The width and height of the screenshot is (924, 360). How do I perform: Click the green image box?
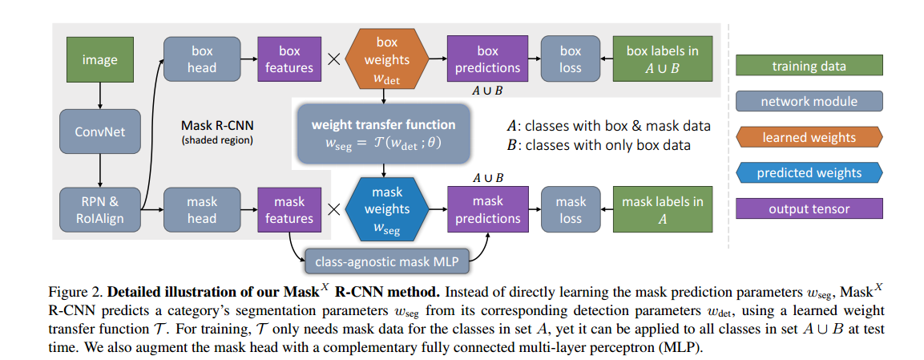click(99, 60)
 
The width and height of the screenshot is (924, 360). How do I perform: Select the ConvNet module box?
click(99, 131)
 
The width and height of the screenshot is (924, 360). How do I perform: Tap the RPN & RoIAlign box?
click(99, 210)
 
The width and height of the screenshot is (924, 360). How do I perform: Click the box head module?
click(202, 59)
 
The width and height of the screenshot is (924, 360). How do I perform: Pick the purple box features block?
click(289, 59)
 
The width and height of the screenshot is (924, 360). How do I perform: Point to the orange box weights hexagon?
click(387, 59)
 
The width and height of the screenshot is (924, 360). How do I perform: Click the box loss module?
click(571, 59)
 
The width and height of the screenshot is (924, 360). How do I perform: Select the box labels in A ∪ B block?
click(662, 59)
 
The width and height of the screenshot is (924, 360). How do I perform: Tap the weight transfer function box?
click(383, 133)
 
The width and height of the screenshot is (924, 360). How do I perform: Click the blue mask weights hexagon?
click(387, 209)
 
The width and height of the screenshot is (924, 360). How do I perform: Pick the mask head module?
click(202, 210)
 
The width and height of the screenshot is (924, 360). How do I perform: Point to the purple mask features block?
click(289, 210)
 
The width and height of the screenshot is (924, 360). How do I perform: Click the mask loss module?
click(571, 210)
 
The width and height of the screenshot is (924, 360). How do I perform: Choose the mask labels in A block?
click(662, 210)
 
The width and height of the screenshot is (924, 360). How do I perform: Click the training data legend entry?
click(809, 67)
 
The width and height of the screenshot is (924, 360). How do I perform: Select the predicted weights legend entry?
click(809, 172)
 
